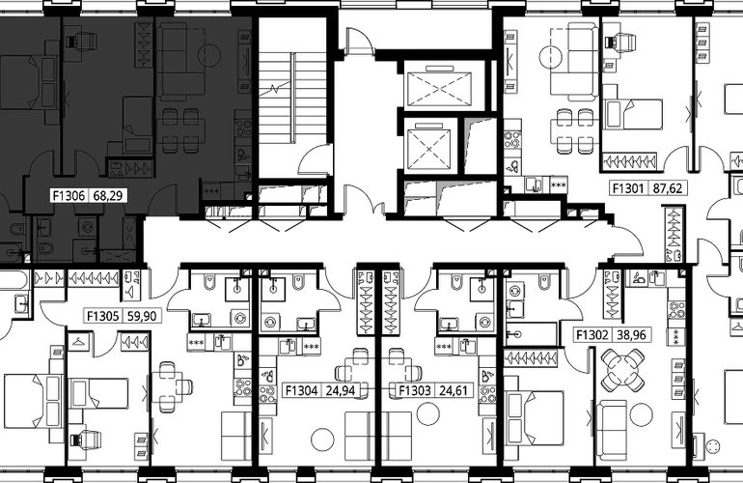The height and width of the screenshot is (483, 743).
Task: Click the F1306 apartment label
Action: point(69,195)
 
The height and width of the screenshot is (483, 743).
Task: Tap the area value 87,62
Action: point(667,188)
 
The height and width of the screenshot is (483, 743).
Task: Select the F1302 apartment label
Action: point(592,335)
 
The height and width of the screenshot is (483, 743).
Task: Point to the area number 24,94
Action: point(341,390)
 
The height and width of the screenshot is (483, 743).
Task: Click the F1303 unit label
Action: point(415,390)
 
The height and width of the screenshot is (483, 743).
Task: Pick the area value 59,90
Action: point(142,316)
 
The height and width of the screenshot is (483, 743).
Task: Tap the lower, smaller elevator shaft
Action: point(427,149)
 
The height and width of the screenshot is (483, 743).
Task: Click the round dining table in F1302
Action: point(622,370)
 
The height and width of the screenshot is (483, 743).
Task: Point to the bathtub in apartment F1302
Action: point(532,334)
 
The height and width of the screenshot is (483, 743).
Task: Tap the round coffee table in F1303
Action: point(427,413)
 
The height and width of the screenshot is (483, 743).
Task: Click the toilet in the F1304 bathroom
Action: point(299,282)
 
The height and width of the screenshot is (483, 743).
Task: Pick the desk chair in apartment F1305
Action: point(86,439)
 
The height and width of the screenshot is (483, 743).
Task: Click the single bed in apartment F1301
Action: point(634,114)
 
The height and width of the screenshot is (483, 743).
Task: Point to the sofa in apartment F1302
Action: point(611,423)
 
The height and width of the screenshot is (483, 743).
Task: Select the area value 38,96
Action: point(631,335)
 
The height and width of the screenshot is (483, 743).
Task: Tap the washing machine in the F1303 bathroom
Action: point(487,322)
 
